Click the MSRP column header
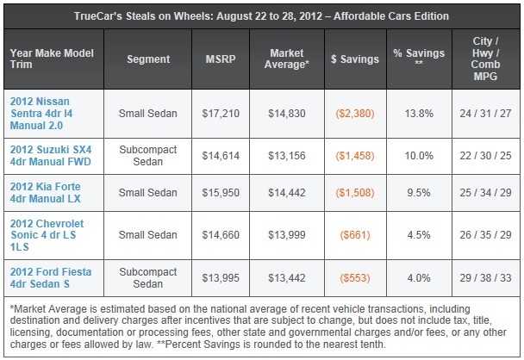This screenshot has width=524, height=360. click(x=221, y=59)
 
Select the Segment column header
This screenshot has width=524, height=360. click(x=148, y=59)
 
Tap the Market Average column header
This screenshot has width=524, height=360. click(x=287, y=59)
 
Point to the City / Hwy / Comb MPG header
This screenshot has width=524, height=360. click(x=485, y=59)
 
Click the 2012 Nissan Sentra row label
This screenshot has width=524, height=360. click(x=41, y=114)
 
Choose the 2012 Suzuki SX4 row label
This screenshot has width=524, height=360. click(x=51, y=156)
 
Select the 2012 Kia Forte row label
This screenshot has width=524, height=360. click(x=46, y=193)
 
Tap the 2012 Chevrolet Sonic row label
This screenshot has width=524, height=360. click(x=47, y=235)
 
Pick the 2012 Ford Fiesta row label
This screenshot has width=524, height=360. click(x=51, y=278)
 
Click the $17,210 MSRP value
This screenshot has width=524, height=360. click(x=221, y=114)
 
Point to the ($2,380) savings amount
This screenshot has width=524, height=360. click(x=355, y=114)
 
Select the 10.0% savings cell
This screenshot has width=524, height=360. click(x=419, y=156)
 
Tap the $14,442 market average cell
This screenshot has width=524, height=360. click(x=287, y=193)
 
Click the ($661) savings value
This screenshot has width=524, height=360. click(x=355, y=235)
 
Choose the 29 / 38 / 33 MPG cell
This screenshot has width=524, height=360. click(x=485, y=278)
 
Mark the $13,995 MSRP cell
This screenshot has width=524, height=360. click(x=221, y=278)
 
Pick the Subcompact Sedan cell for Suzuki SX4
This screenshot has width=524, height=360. click(x=148, y=156)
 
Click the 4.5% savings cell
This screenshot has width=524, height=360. click(x=419, y=235)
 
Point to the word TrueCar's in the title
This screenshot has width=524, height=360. click(x=98, y=16)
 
